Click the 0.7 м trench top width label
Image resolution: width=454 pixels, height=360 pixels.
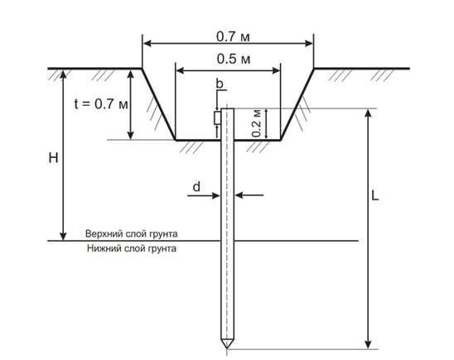[x=233, y=36]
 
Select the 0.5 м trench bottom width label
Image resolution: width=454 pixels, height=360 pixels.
[x=234, y=59]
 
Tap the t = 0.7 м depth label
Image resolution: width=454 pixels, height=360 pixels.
[x=101, y=103]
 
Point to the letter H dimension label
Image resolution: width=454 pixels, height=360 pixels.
[x=53, y=158]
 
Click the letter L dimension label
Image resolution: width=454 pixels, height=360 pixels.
[x=375, y=196]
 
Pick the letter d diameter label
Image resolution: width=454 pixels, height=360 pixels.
[x=196, y=187]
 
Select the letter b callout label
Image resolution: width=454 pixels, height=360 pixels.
[x=220, y=84]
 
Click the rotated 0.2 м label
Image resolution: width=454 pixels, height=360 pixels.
[x=257, y=123]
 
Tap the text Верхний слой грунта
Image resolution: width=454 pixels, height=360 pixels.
[x=132, y=233]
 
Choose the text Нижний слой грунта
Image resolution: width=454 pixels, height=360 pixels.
[x=132, y=248]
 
